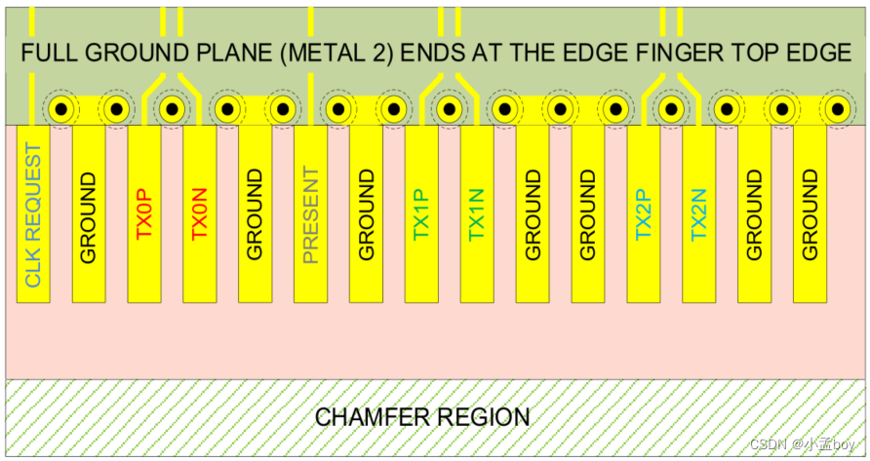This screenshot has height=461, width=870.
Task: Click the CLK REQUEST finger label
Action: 32,216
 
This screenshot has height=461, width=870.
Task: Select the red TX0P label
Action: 144,215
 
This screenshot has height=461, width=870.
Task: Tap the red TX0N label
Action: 200,215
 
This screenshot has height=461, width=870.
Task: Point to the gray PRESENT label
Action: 310,215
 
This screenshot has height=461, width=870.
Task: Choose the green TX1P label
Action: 421,215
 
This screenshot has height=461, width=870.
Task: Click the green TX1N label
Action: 477,215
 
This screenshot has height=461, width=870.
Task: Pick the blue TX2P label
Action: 644,215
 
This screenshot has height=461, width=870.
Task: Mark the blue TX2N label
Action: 698,215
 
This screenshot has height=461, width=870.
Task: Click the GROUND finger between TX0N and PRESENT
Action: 255,215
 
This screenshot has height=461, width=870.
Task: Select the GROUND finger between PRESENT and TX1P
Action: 366,215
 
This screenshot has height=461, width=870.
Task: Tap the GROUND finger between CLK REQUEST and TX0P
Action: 89,215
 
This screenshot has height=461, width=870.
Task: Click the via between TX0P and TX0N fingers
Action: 172,109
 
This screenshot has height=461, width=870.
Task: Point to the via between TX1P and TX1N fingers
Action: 449,109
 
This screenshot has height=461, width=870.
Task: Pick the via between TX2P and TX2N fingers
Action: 671,109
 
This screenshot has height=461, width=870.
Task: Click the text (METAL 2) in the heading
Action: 336,53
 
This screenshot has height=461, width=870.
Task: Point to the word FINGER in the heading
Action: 680,53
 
